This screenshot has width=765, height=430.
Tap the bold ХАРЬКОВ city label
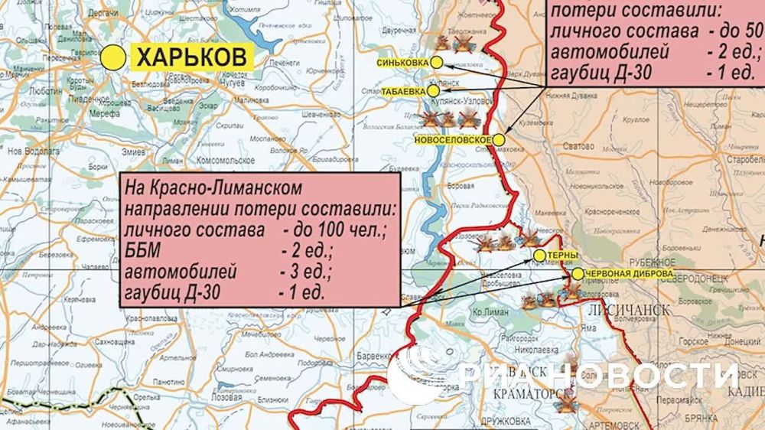pyautogui.click(x=194, y=56)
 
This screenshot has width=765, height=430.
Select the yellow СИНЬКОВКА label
pyautogui.click(x=403, y=62)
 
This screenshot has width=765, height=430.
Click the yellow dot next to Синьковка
pyautogui.click(x=437, y=62)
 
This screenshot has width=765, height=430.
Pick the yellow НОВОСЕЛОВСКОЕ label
pyautogui.click(x=451, y=141)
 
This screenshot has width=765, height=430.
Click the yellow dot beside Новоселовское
pyautogui.click(x=498, y=140)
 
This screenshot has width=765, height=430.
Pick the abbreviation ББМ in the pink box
pyautogui.click(x=142, y=252)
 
